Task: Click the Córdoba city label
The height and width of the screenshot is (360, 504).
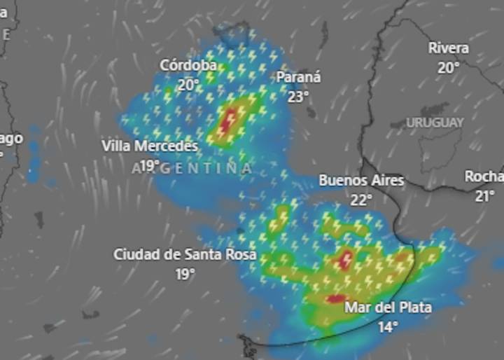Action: point(188,65)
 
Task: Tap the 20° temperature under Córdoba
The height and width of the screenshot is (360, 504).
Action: point(188,85)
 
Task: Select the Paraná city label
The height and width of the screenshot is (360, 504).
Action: point(298,77)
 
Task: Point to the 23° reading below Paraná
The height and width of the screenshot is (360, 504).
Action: point(298,96)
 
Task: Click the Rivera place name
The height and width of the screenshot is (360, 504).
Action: point(449,48)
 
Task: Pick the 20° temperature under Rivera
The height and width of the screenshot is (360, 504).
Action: point(449,68)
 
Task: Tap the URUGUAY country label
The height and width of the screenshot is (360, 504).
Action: point(435,123)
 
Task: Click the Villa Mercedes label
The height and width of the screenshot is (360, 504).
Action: point(150,146)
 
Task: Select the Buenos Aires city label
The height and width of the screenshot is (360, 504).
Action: point(361,181)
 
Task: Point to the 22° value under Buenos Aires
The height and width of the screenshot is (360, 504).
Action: point(361,200)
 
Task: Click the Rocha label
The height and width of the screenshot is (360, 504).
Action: point(484,176)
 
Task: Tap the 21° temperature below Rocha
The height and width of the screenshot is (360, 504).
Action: point(484,196)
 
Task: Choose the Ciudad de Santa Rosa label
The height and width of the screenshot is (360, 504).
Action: point(185,254)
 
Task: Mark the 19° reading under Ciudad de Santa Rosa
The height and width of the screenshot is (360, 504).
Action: point(185,274)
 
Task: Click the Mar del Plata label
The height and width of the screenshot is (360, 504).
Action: point(388,307)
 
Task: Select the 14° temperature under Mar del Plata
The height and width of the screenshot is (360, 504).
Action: point(388,326)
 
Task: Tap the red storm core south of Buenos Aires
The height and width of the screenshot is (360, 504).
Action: point(346,260)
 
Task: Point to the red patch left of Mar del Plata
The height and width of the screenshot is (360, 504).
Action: point(333,299)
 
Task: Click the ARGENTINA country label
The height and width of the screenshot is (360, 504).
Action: point(192,169)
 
